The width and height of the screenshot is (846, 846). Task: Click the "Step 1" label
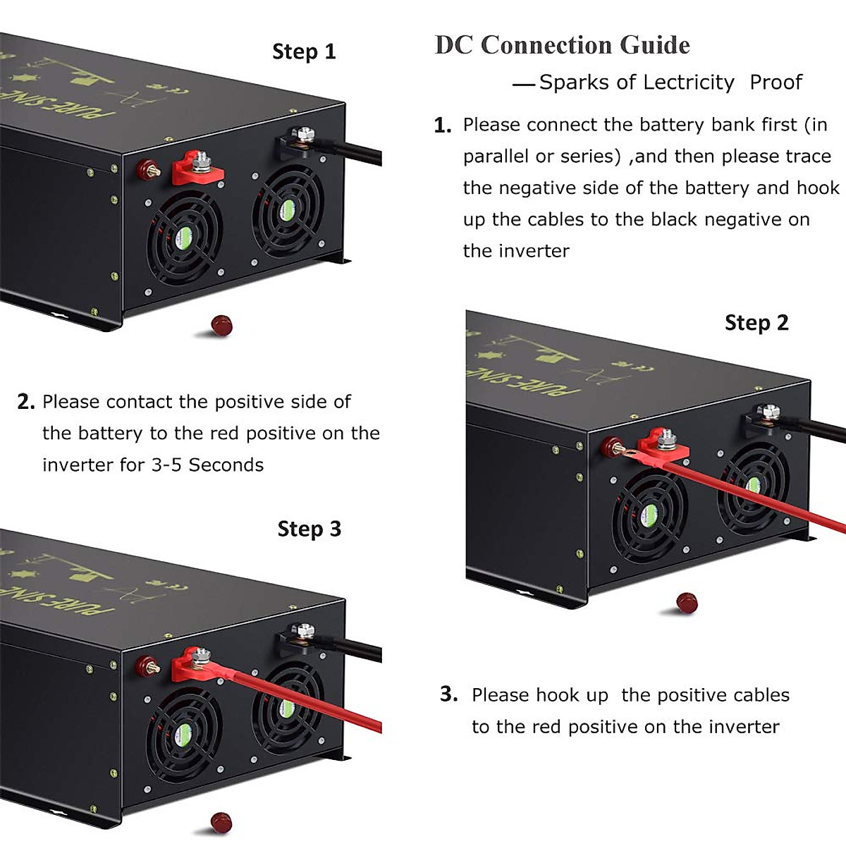click(304, 51)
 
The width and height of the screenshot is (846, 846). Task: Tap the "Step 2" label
click(756, 323)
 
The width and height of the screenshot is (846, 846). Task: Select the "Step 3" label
click(309, 529)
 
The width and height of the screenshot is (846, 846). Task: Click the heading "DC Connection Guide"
click(562, 45)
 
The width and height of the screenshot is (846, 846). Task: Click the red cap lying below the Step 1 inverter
click(221, 325)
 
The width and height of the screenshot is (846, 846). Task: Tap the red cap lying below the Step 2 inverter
click(687, 603)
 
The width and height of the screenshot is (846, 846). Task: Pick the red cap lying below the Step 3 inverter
click(221, 821)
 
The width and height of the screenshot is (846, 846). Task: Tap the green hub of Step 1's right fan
click(288, 208)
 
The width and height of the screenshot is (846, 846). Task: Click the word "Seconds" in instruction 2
click(226, 465)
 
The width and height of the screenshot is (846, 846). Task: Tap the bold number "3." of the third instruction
click(449, 694)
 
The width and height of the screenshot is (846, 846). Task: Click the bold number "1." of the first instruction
click(443, 125)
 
